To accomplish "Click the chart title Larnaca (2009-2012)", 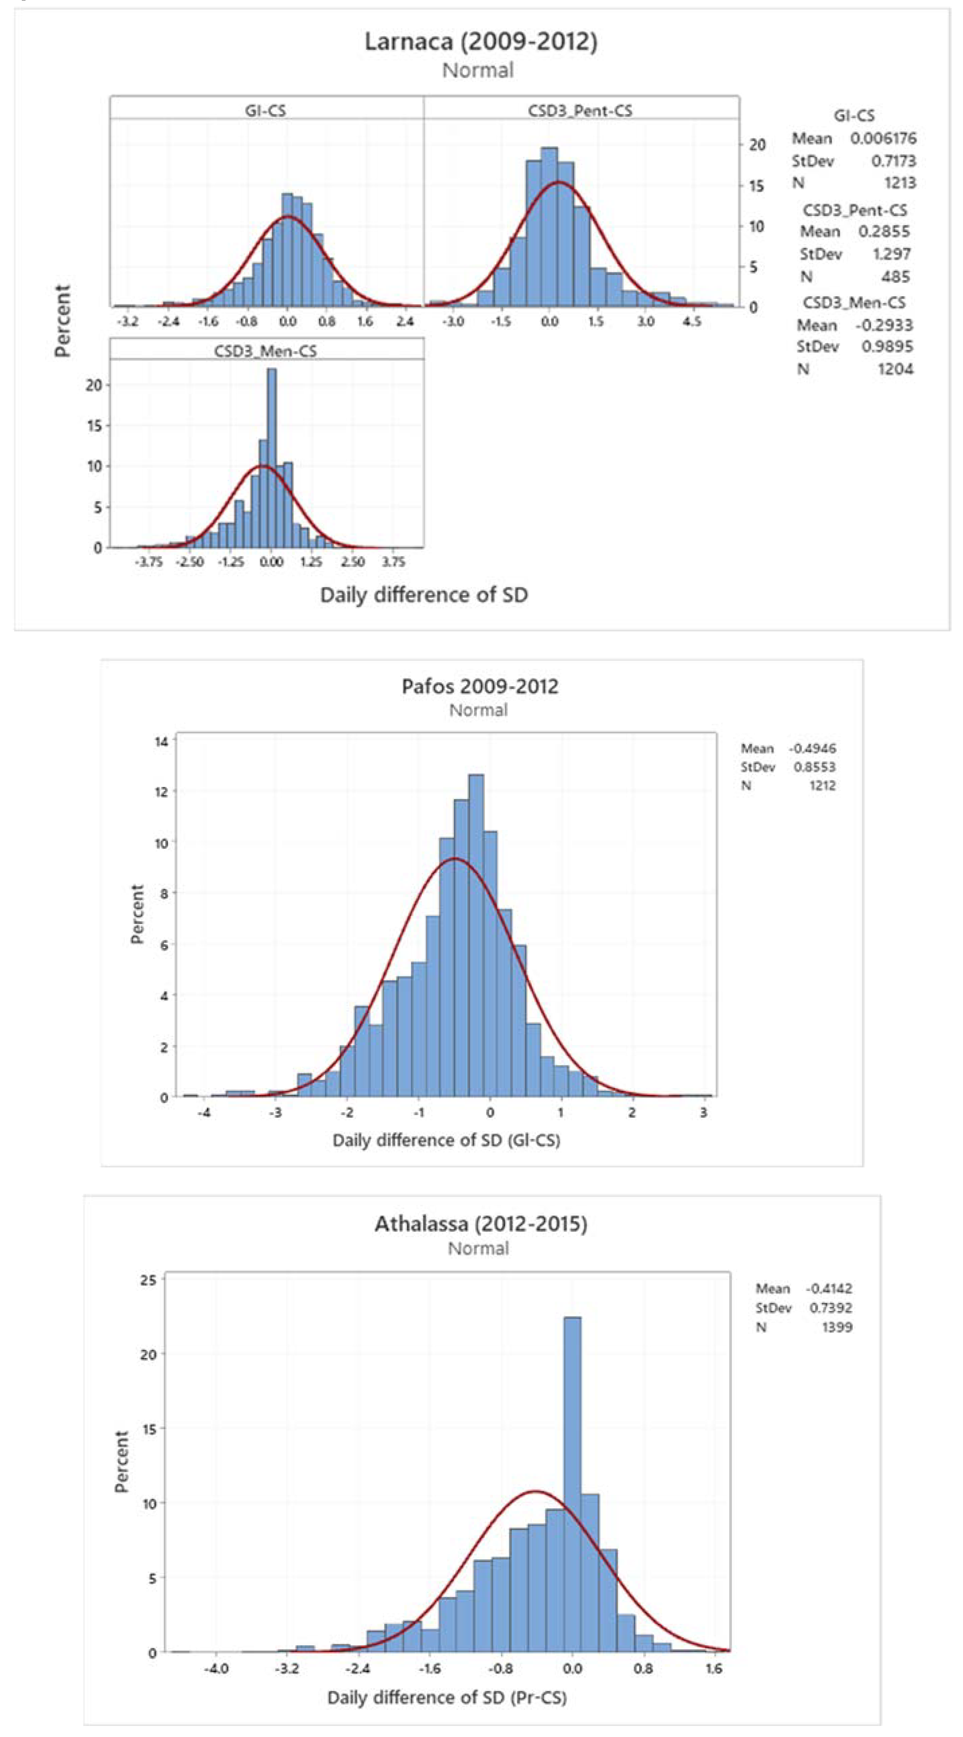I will [x=481, y=42].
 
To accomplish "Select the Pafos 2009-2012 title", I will [x=479, y=686].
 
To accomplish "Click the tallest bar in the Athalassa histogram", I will [x=572, y=1484].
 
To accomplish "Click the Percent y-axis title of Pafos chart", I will [x=138, y=914].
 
